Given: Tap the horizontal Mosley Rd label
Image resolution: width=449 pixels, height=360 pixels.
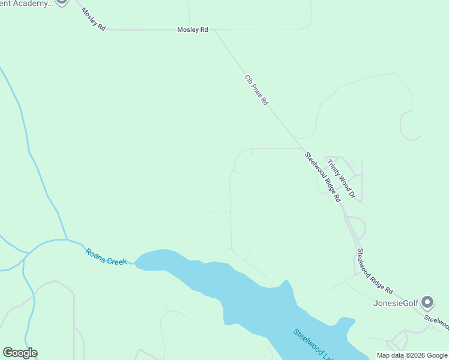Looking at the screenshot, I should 192,29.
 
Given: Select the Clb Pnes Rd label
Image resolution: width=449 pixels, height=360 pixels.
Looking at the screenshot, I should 256,90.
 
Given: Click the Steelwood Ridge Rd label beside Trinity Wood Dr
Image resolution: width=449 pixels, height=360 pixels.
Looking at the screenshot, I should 323,176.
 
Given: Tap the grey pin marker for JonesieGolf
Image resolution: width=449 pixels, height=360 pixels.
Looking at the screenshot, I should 427,301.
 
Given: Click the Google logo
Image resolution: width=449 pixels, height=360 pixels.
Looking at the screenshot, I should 20,353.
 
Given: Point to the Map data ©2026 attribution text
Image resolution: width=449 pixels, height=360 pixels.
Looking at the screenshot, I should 412,355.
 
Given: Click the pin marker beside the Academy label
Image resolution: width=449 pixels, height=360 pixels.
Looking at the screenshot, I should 61,2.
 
